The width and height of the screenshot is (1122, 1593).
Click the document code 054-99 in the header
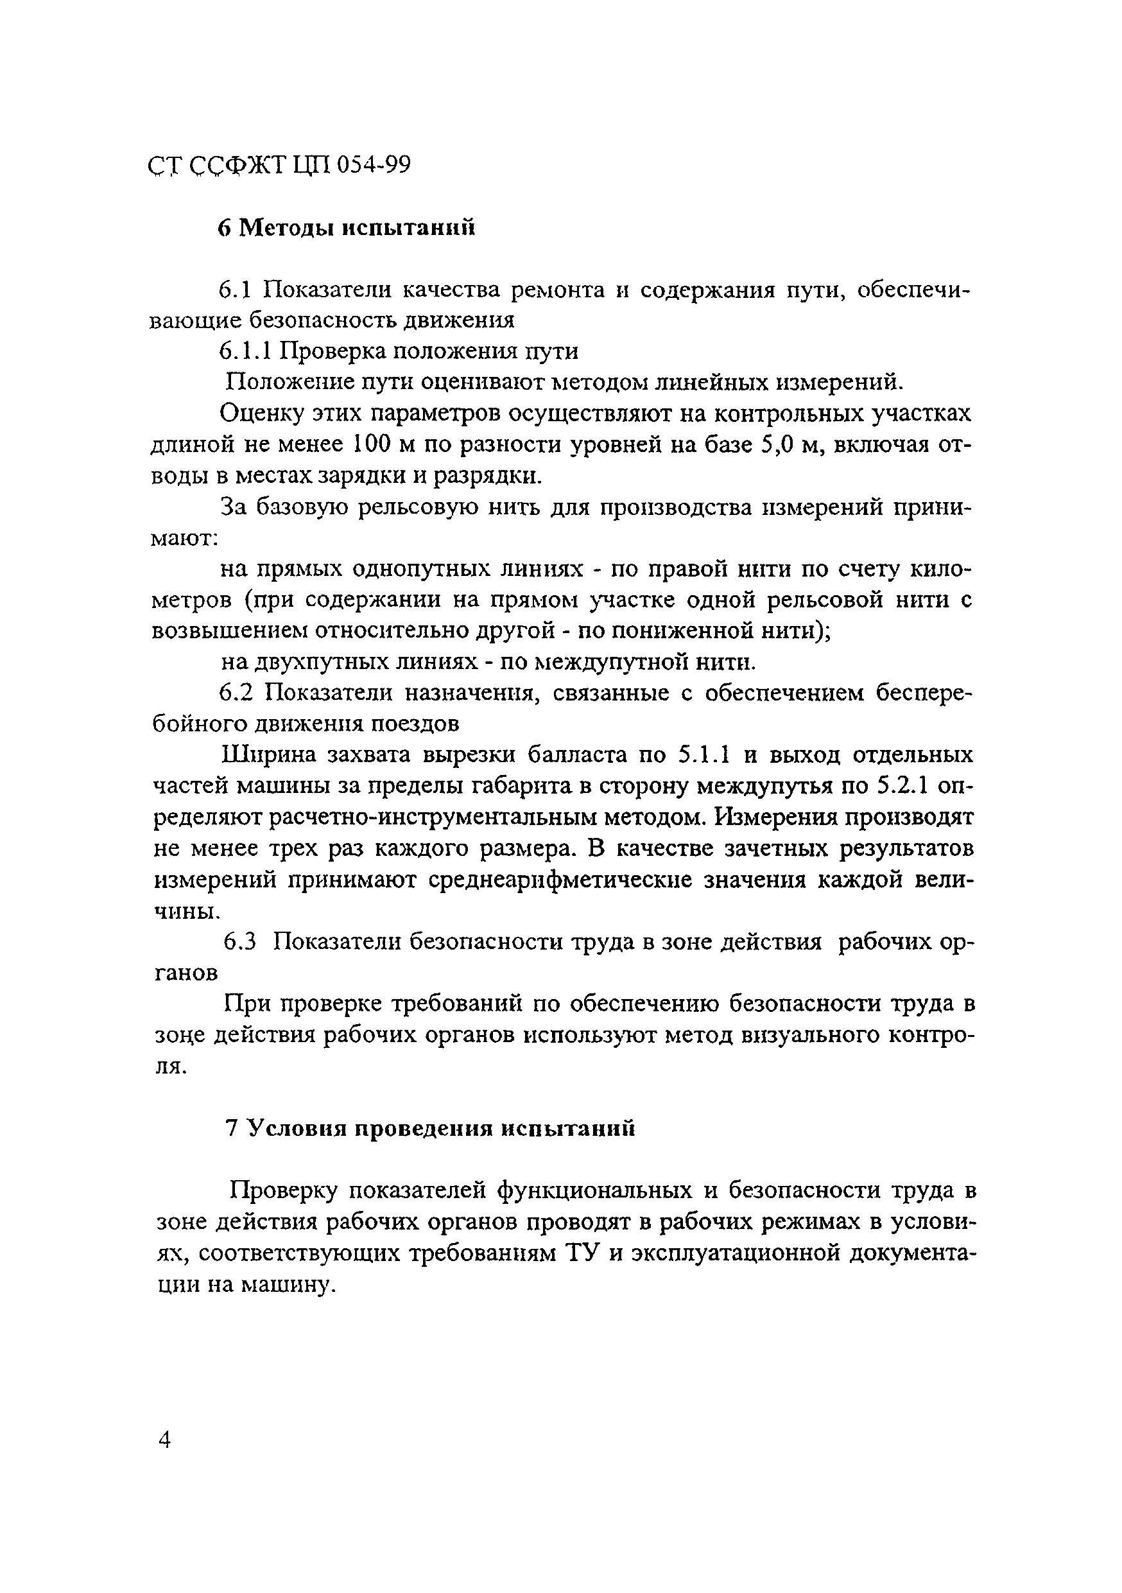click(374, 166)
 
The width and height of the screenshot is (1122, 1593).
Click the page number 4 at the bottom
click(164, 1441)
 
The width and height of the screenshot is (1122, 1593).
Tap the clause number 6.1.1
click(246, 352)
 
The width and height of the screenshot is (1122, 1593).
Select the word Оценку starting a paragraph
click(260, 413)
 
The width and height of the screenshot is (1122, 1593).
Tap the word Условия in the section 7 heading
click(298, 1129)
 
